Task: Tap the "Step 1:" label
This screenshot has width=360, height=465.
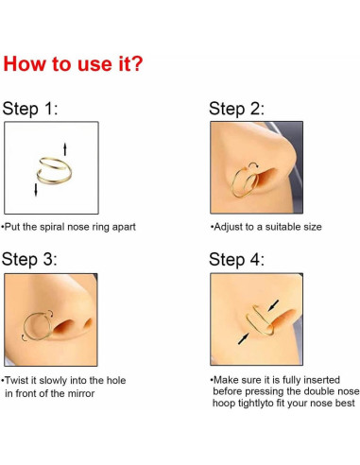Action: pos(30,109)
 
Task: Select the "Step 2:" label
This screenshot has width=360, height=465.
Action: pos(236,109)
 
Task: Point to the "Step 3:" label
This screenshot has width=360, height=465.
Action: pos(31,259)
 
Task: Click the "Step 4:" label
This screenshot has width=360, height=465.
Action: pos(236,259)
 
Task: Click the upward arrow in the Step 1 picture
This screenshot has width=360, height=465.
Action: pos(64,147)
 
